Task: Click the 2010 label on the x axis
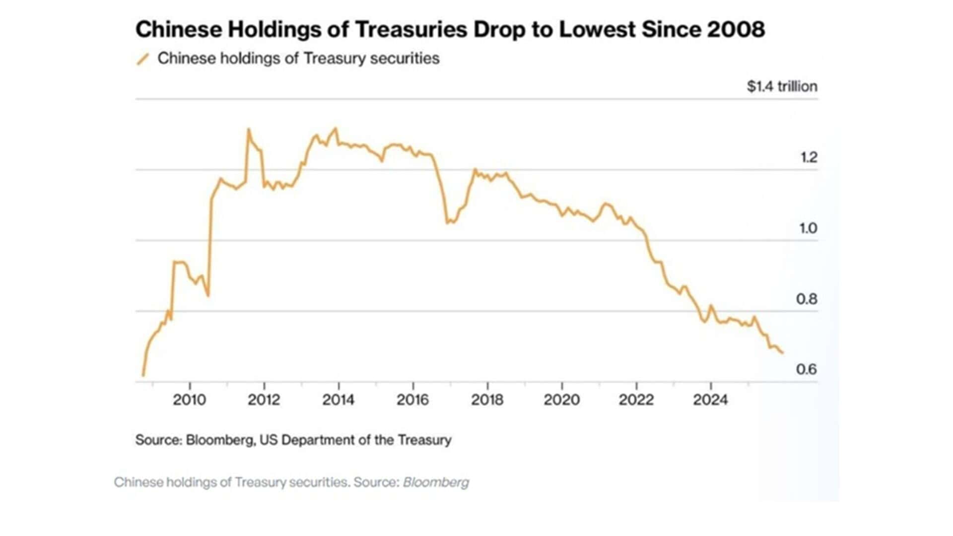point(189,400)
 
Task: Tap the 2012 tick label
point(264,400)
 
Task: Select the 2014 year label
point(338,400)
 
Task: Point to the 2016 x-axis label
point(412,400)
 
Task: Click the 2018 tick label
point(487,400)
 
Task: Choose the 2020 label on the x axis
point(561,400)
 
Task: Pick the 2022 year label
point(636,400)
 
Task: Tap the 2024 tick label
point(710,400)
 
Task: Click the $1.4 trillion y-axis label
point(782,86)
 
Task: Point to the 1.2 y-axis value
point(808,157)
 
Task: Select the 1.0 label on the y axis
point(808,228)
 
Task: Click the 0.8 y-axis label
point(807,299)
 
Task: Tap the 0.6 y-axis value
point(807,369)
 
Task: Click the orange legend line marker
point(143,59)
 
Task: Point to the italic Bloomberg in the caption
point(436,482)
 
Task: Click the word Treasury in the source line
point(424,440)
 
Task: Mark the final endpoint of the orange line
point(783,353)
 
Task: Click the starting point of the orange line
point(143,376)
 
